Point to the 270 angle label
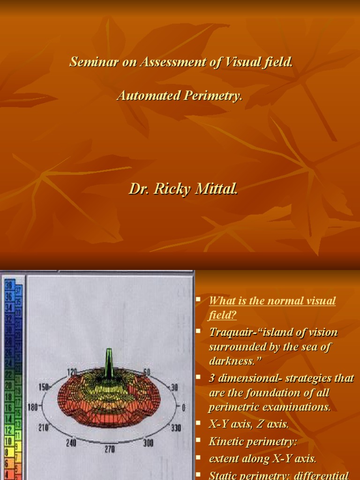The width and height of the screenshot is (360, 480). click(109, 449)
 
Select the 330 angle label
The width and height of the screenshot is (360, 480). click(176, 428)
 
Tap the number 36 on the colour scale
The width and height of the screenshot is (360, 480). click(9, 296)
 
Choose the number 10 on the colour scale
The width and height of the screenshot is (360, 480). click(8, 441)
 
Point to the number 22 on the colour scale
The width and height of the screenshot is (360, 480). click(9, 374)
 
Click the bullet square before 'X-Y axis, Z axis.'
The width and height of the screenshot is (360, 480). click(199, 424)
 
